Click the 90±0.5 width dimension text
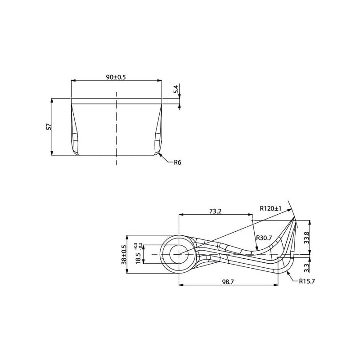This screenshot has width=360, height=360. pos(116,77)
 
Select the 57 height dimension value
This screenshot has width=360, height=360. pos(49,127)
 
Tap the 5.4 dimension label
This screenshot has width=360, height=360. pos(176,89)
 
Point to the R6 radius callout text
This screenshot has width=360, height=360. pos(177,162)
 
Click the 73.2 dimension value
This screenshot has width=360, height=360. pos(216,211)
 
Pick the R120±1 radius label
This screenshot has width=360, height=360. pos(270,208)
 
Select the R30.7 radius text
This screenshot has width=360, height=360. pos(264,238)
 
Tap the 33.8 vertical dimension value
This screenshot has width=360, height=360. pos(307,238)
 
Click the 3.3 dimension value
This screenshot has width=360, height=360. pos(307,268)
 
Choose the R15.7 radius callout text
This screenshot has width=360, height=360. pos(307,281)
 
